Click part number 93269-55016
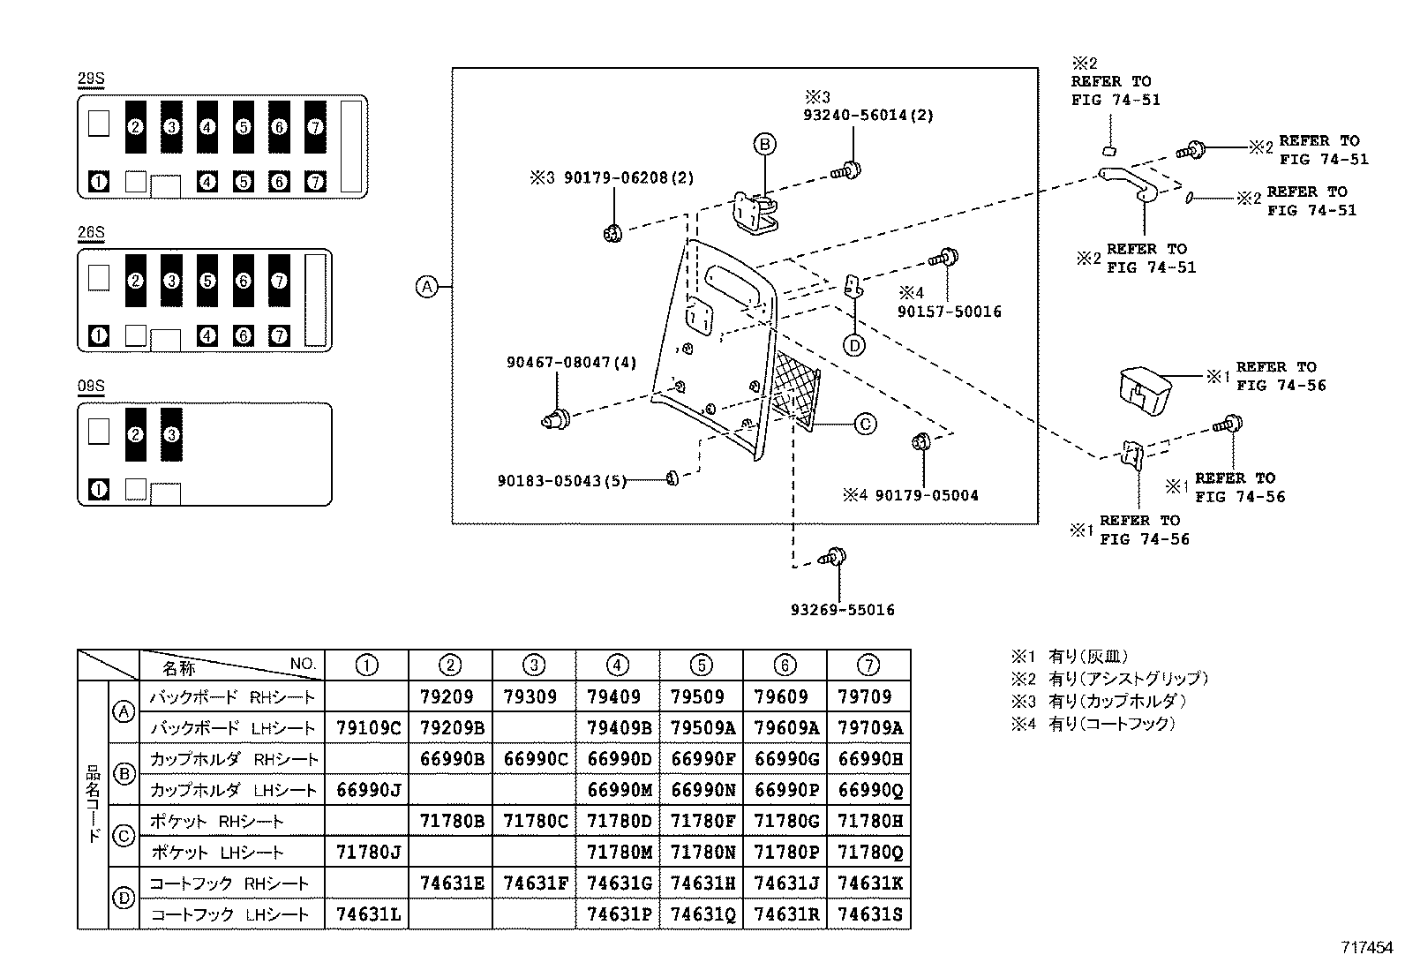pos(842,610)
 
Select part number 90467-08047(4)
pos(571,362)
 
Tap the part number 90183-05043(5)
pos(561,481)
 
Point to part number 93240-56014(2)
pos(868,115)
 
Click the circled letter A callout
pos(427,286)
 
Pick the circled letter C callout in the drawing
pos(866,424)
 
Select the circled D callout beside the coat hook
pos(853,346)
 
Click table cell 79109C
pos(367,728)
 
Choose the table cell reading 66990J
pos(367,790)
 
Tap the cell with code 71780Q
pos(868,853)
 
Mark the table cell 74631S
pos(868,914)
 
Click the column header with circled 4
pos(617,665)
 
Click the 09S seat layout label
pos(91,386)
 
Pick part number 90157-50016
pos(949,312)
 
